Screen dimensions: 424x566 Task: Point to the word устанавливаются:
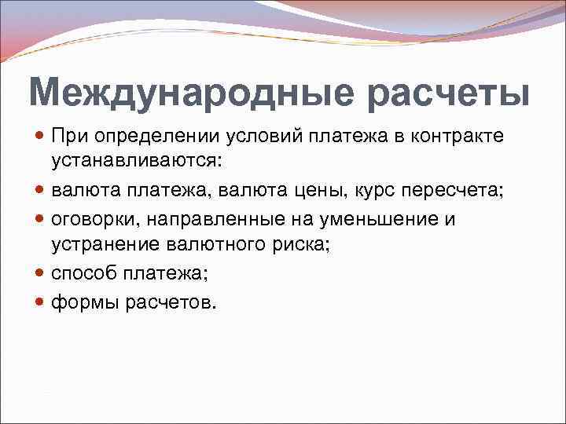137,163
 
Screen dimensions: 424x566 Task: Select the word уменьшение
369,219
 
